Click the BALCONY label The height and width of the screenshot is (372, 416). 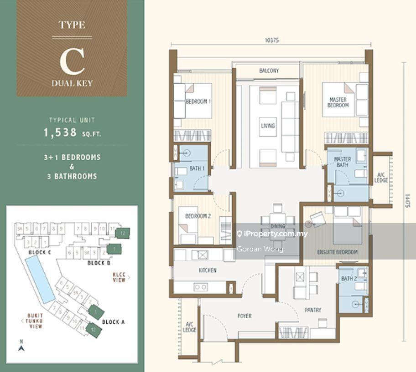tap(269, 71)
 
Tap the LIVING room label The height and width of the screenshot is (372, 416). tap(268, 126)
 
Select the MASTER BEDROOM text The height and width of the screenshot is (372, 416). tap(338, 102)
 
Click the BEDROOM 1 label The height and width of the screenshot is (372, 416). tap(198, 102)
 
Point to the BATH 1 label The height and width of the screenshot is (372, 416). tap(197, 169)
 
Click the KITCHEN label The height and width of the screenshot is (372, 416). tap(207, 270)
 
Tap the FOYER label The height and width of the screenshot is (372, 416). tap(244, 316)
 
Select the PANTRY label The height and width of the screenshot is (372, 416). tap(313, 310)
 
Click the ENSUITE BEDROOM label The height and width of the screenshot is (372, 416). tap(337, 252)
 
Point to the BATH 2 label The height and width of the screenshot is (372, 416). tap(348, 279)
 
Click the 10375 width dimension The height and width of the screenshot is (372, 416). tap(271, 40)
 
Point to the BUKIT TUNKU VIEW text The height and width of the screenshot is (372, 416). tap(35, 321)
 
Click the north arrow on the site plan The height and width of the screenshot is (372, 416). tap(21, 347)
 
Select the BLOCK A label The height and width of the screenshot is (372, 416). tap(113, 322)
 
